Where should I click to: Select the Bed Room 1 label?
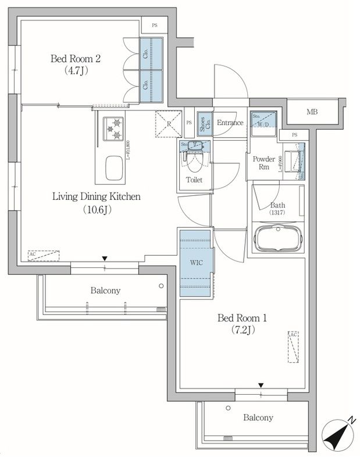point(241,318)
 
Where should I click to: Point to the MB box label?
point(312,112)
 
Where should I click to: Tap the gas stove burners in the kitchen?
point(114,128)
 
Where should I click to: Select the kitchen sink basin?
point(114,169)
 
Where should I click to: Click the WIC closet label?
point(196,263)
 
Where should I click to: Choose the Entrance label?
point(230,123)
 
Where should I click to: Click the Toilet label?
point(194,180)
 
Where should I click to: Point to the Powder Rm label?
point(263,163)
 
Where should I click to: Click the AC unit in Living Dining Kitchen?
point(43,255)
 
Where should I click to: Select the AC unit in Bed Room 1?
point(294,347)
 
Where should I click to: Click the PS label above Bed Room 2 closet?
point(154,25)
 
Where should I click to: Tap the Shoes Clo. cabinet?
point(204,123)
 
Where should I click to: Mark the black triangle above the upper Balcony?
point(105,259)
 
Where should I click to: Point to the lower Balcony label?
point(258,417)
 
